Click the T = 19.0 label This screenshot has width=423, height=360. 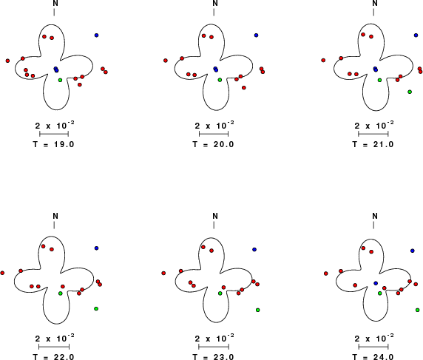point(53,144)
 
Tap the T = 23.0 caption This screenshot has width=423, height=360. point(213,357)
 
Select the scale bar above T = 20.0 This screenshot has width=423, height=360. point(214,134)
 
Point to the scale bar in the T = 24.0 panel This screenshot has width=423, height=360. point(373,347)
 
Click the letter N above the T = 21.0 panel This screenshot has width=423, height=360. point(375,3)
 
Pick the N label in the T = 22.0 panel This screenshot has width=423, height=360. point(55,216)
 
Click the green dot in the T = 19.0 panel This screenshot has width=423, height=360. point(60,80)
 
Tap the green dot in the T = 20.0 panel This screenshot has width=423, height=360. point(220,80)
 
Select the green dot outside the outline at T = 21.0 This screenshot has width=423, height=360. point(410,92)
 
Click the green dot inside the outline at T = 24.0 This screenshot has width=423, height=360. point(380,293)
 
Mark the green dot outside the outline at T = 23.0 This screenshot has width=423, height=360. point(257,310)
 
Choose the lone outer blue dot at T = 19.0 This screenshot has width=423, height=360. point(96,35)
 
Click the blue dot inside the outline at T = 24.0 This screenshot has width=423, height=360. point(376,283)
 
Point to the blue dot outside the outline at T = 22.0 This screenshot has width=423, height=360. point(96,248)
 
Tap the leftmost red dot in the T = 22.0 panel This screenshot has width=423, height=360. point(2,274)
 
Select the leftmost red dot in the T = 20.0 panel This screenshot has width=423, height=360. point(166,61)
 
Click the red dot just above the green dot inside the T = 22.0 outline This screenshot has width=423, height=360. point(63,286)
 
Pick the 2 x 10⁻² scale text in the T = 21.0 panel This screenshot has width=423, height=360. point(374,126)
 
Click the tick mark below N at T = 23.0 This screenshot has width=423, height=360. point(214,225)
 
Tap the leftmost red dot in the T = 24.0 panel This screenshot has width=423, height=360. point(326,274)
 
